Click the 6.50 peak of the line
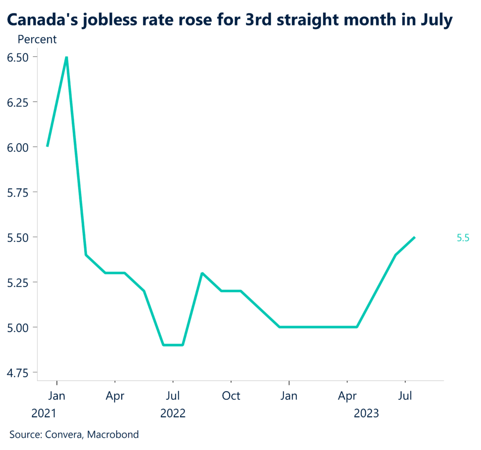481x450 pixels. pos(67,57)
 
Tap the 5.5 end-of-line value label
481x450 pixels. pos(463,238)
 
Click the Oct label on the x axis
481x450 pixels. pos(231,396)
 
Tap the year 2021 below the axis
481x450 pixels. pos(44,414)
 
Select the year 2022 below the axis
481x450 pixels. pos(173,414)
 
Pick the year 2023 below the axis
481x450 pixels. pos(366,414)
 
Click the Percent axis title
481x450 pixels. pos(37,39)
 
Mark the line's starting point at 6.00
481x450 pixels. pos(47,146)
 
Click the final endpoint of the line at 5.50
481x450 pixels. pos(414,237)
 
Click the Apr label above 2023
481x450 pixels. pos(347,396)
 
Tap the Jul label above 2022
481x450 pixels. pos(173,396)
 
